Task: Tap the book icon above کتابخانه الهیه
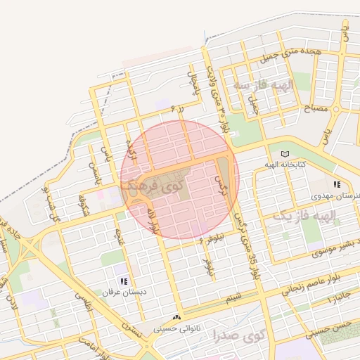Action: pos(284,154)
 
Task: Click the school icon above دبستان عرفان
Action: pos(124,281)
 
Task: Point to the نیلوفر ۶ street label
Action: pos(210,239)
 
